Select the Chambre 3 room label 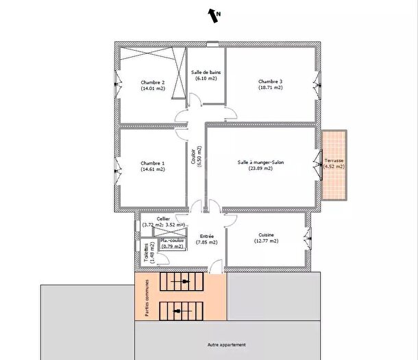point(271,82)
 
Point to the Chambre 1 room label point(153,163)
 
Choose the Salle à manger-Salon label point(260,163)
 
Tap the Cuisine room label point(266,235)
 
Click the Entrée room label point(206,236)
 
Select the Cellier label point(163,218)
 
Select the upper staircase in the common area point(182,280)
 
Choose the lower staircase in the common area point(182,311)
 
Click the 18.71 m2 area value point(271,87)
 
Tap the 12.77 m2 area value point(266,241)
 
